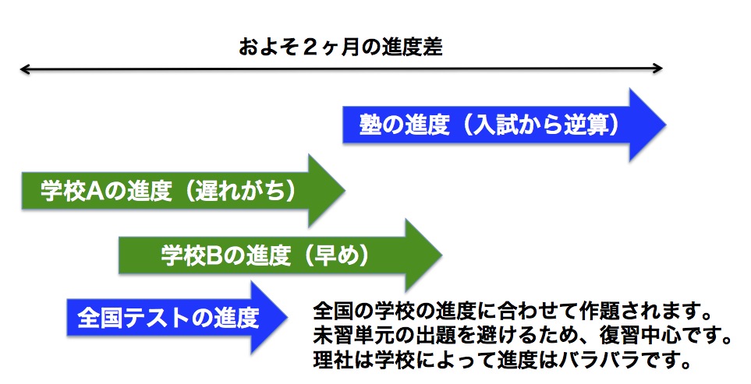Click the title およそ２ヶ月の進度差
341,48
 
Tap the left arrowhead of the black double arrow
24,69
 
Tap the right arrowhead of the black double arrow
658,69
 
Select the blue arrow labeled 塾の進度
504,125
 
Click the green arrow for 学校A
183,191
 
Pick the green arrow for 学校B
280,255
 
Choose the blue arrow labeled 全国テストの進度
177,318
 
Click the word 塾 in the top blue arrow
370,125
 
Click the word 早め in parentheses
337,255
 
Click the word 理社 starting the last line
333,360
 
